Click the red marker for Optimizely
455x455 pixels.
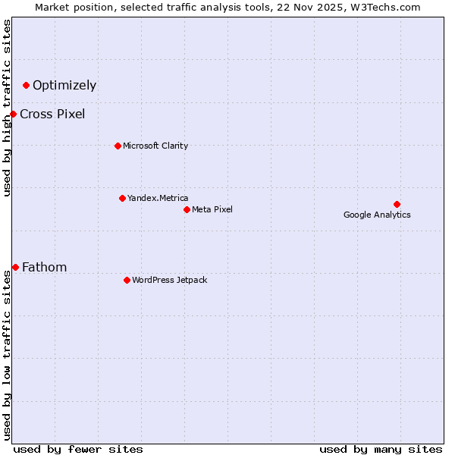point(27,85)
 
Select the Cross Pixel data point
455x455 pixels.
point(13,114)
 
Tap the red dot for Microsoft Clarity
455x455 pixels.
point(118,146)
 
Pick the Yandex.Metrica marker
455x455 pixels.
point(122,198)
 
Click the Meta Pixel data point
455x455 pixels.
point(187,209)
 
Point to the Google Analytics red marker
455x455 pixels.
point(397,204)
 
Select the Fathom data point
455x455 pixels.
point(15,267)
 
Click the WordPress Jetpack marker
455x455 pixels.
point(127,280)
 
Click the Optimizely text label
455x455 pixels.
point(64,85)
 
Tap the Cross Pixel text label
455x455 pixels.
point(52,114)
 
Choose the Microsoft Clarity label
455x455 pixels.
point(155,146)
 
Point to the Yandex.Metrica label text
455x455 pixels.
point(158,198)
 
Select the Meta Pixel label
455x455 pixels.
point(212,209)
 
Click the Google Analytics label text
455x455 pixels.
point(377,215)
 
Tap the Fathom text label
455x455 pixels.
point(44,267)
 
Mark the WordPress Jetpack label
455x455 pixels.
point(169,280)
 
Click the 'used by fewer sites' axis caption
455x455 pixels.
point(78,449)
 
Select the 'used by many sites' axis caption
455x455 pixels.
point(381,449)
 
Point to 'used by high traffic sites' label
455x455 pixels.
point(8,108)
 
